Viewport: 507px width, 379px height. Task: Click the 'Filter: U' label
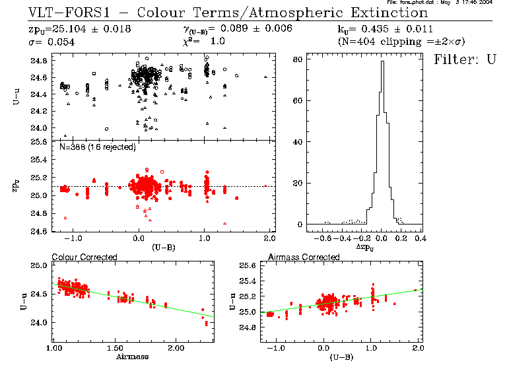pyautogui.click(x=464, y=59)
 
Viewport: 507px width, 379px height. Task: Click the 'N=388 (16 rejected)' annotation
pyautogui.click(x=97, y=147)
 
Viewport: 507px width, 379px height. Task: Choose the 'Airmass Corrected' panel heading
pyautogui.click(x=297, y=257)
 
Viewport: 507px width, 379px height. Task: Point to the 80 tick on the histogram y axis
pyautogui.click(x=298, y=59)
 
